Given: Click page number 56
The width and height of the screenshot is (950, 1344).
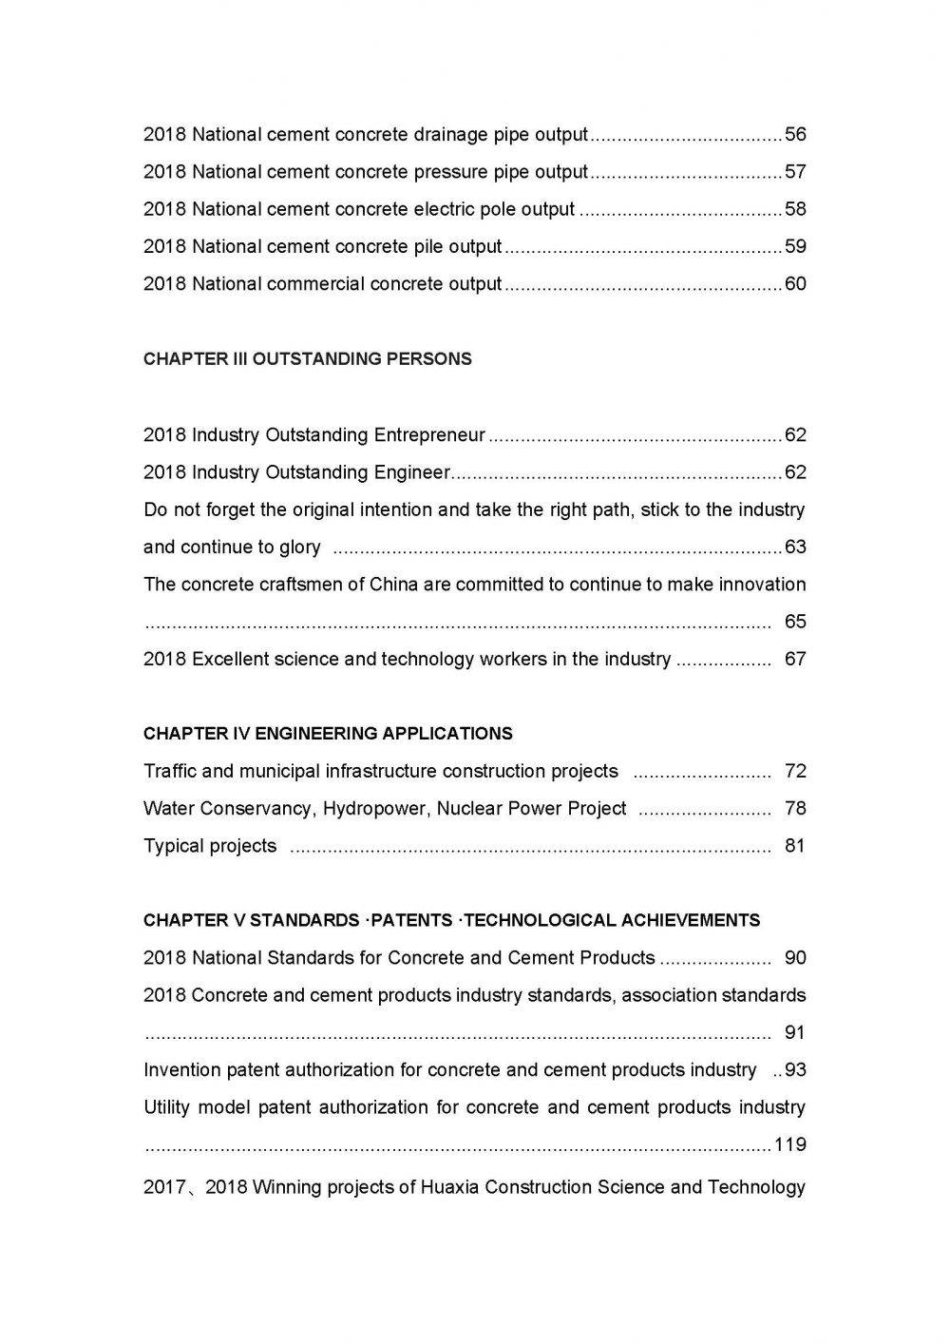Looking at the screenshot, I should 795,135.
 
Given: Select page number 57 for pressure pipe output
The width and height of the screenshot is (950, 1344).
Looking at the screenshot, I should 795,172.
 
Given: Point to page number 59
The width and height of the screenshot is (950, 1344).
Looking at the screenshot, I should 795,247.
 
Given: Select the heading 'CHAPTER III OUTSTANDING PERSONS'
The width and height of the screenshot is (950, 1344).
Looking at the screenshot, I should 307,359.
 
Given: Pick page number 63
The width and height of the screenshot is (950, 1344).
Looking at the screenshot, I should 795,547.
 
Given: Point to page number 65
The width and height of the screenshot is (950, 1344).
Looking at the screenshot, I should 795,622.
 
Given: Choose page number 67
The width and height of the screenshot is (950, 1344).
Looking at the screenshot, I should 795,660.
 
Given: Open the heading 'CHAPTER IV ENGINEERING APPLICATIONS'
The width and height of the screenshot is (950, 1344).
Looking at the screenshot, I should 328,734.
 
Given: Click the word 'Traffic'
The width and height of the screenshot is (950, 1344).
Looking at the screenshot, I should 170,771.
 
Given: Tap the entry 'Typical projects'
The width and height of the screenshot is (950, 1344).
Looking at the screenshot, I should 210,846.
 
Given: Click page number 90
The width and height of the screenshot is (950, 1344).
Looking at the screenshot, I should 795,958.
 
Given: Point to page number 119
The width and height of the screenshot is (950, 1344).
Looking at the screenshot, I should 790,1144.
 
